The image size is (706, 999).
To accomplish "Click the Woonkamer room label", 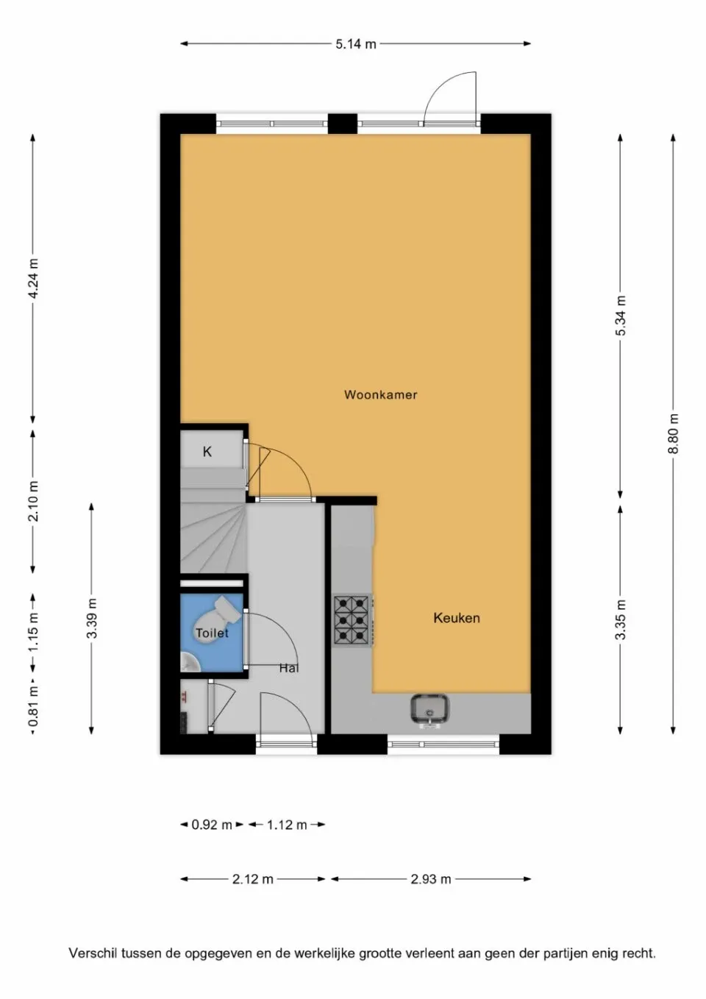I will click(380, 395).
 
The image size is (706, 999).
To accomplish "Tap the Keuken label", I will click(456, 618).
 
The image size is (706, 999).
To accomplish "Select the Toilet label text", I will click(212, 633).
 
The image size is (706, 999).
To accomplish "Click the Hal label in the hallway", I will click(289, 668).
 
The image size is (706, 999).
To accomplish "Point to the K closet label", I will click(207, 452).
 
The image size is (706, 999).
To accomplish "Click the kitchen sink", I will click(430, 709).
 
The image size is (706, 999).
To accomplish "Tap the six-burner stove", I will click(352, 619).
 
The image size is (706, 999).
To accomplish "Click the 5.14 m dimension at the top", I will click(356, 44).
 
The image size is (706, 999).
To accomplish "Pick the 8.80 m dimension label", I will click(674, 434).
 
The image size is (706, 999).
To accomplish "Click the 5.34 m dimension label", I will click(621, 316).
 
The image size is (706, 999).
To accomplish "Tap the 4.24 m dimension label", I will click(33, 278).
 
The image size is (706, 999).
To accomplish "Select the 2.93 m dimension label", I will click(431, 879).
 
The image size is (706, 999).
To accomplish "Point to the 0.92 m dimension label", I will click(212, 825).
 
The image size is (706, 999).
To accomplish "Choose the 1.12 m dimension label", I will click(287, 825).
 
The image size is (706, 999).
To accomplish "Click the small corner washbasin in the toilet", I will click(189, 663).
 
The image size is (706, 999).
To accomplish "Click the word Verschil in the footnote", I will click(93, 953).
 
